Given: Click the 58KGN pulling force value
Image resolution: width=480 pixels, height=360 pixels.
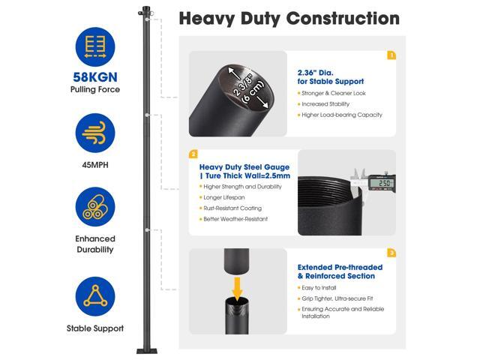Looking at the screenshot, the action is tap(95, 77).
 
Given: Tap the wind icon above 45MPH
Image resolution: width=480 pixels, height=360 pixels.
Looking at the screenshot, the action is tap(95, 133).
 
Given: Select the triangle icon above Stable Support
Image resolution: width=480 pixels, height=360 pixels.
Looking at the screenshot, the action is tap(95, 296).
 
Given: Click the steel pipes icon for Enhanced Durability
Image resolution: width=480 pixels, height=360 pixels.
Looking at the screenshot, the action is tap(95, 207).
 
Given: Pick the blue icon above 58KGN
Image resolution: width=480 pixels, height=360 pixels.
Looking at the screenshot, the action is tap(95, 46).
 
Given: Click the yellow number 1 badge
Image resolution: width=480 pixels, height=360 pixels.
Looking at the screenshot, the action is tap(391, 55).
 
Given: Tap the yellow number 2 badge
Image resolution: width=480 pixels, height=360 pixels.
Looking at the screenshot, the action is tap(193, 154).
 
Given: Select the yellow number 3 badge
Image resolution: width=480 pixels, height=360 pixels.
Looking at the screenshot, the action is tap(391, 253).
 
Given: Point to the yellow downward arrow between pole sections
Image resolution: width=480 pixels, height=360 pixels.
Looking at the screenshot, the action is tap(237, 289).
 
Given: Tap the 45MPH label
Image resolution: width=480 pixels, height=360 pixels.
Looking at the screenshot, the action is tap(95, 165).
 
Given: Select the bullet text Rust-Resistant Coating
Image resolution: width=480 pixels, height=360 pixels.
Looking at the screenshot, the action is tap(232, 208).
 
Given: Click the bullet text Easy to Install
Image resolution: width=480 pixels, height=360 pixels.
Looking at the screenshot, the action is tap(319, 288).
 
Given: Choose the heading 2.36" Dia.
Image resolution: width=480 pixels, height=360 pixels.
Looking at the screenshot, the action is tap(315, 73).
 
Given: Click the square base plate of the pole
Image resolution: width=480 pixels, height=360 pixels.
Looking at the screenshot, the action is tap(147, 351).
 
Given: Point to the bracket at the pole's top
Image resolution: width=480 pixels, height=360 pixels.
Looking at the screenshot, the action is tap(145, 12).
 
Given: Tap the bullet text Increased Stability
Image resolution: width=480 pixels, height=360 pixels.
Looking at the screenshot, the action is tap(325, 104).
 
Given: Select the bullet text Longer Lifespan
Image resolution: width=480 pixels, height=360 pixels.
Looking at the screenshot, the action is tap(224, 197).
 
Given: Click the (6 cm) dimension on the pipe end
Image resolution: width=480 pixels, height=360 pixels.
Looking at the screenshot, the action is tap(253, 92).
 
